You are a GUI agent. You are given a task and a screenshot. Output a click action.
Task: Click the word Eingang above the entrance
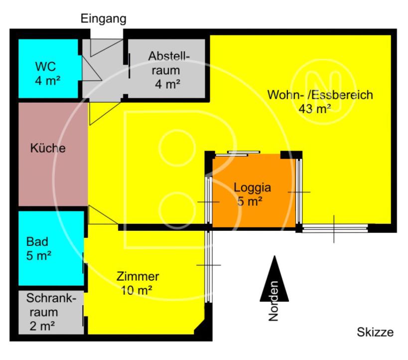[104, 19]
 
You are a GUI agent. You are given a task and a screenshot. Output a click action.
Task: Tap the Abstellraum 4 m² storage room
[168, 70]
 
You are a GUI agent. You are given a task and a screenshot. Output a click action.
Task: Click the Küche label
[48, 148]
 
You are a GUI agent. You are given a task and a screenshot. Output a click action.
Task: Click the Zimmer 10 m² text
[137, 283]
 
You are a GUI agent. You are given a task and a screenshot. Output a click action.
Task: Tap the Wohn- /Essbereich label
[320, 95]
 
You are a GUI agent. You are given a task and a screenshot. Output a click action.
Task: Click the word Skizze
[375, 332]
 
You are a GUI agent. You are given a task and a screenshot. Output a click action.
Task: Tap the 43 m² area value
[315, 109]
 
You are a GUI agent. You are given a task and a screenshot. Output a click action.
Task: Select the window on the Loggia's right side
[299, 191]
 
